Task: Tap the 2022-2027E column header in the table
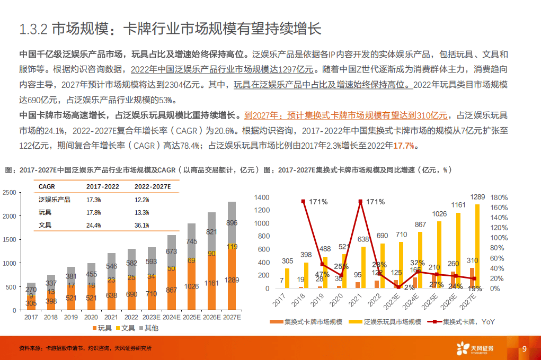click(153, 186)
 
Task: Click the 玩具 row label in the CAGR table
click(45, 212)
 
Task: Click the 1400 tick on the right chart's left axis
click(262, 197)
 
